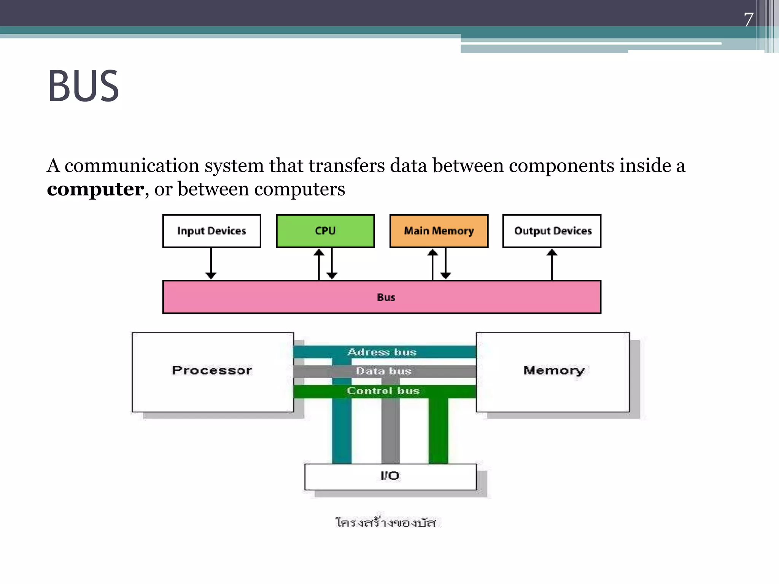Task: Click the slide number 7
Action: tap(748, 20)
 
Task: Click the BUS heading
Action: tap(83, 86)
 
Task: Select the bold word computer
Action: tap(95, 189)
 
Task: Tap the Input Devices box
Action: tap(211, 231)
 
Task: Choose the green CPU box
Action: tap(325, 231)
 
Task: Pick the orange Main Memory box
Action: tap(439, 231)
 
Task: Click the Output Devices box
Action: tap(552, 231)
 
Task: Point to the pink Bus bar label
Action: tap(386, 297)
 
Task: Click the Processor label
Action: tap(212, 370)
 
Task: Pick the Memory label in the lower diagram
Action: tap(553, 370)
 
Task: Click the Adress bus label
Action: tap(382, 352)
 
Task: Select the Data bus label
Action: tap(383, 371)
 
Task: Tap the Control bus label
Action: tap(383, 391)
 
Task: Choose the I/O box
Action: tap(390, 476)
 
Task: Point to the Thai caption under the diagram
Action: tap(385, 523)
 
